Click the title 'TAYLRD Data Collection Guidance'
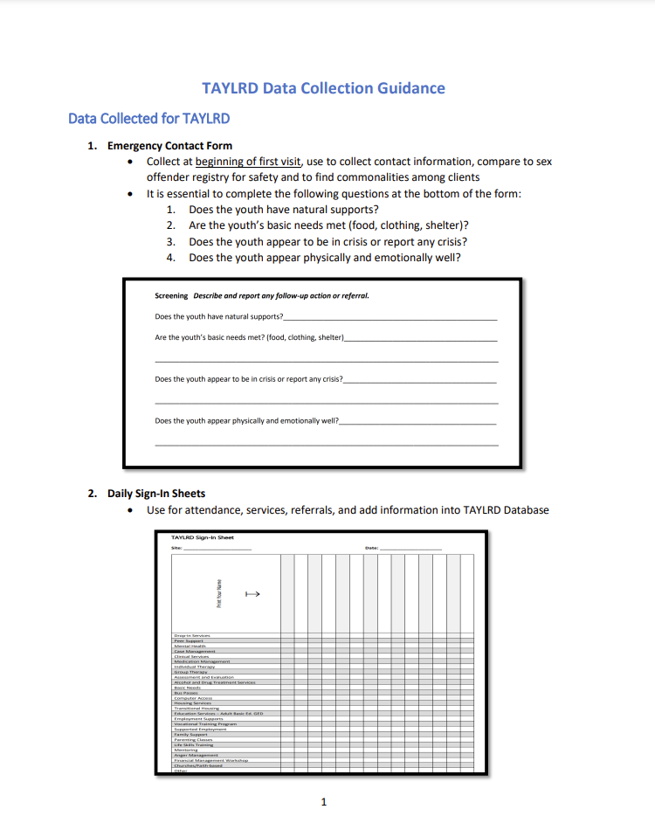tap(323, 88)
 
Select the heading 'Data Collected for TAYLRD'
tap(148, 118)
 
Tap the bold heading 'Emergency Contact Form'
tap(169, 146)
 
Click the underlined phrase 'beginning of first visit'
tap(248, 162)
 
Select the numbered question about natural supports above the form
tap(283, 210)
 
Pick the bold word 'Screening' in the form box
tap(171, 295)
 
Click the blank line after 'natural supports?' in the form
tap(390, 317)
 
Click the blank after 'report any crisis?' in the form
tap(420, 380)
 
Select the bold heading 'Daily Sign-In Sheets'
tap(156, 494)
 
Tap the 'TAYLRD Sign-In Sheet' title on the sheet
tap(202, 537)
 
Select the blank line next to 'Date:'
tap(410, 549)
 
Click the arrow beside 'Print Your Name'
tap(252, 595)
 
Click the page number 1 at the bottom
tap(323, 801)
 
